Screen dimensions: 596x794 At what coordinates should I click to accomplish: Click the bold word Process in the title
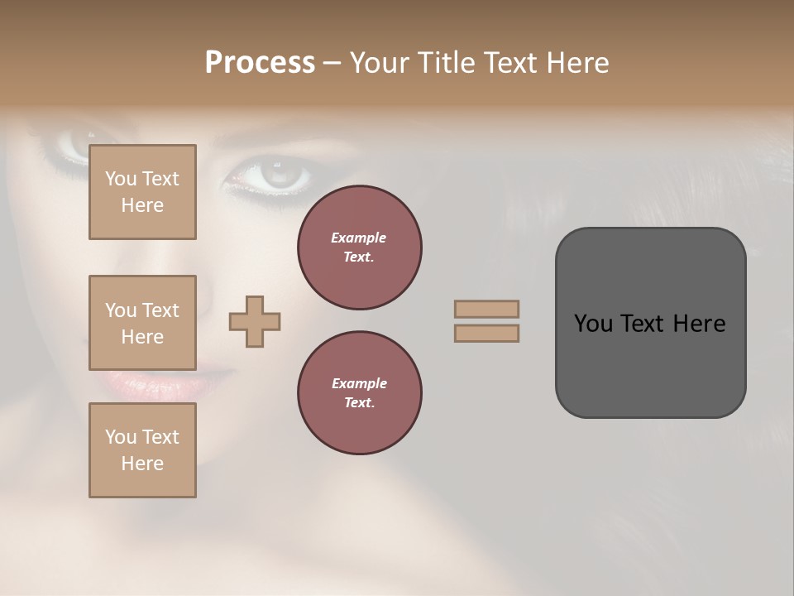[260, 63]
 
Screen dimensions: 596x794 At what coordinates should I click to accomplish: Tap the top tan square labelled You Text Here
[142, 192]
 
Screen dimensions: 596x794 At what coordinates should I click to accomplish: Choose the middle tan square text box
[142, 323]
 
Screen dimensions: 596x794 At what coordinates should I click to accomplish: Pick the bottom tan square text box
[142, 450]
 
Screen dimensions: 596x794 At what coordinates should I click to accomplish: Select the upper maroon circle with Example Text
[360, 248]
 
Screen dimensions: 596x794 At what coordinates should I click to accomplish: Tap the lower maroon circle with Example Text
[360, 393]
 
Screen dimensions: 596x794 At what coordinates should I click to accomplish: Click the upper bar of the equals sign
[486, 309]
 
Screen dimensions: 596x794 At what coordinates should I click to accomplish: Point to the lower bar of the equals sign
[486, 334]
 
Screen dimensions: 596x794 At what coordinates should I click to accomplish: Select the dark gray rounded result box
[650, 323]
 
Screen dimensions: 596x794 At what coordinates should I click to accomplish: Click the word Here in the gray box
[700, 324]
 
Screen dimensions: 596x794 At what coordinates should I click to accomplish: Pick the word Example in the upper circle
[359, 238]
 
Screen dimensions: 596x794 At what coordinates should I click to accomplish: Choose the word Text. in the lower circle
[359, 403]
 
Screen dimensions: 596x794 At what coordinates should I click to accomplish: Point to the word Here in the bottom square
[142, 464]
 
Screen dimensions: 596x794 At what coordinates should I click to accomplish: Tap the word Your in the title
[380, 63]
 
